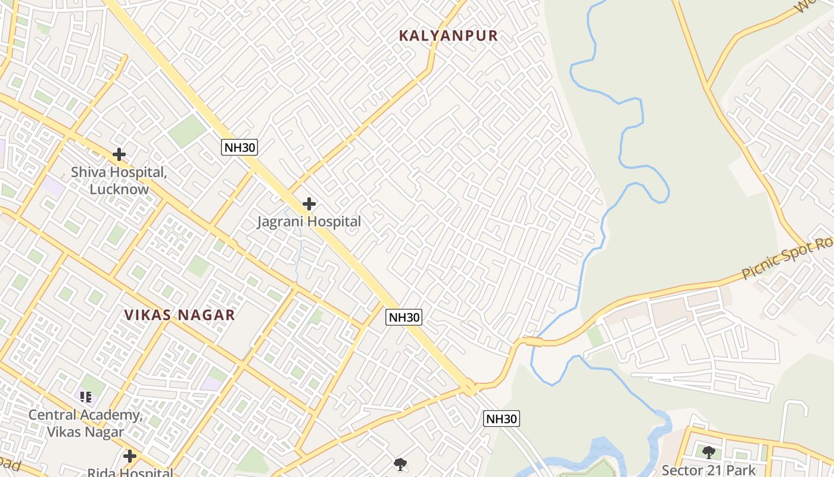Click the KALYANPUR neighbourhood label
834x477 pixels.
pos(448,36)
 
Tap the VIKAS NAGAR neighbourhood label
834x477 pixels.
pos(180,315)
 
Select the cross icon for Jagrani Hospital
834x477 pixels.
pos(309,204)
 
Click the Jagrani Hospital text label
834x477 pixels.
pos(309,222)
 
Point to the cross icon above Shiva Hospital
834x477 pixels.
pos(119,154)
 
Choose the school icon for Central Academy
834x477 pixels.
pos(85,397)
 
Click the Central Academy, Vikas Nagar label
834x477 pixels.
pos(85,423)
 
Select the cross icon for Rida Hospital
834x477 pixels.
pos(130,457)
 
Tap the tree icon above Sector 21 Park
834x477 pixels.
pos(708,453)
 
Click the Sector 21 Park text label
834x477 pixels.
pos(708,470)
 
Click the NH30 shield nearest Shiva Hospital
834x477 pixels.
pos(239,147)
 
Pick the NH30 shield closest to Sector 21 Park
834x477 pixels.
pos(501,419)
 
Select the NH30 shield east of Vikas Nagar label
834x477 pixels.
pos(404,317)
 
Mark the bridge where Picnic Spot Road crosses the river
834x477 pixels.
pos(533,342)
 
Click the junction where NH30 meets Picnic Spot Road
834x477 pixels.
pos(470,389)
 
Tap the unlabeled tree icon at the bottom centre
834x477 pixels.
pos(400,464)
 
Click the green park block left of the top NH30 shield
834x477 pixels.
pos(186,131)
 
